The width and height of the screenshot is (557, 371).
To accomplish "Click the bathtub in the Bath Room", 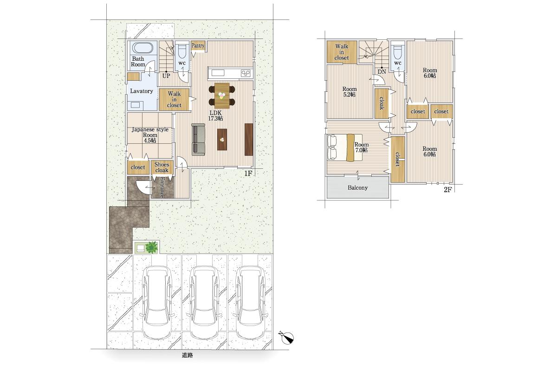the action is [x=142, y=48].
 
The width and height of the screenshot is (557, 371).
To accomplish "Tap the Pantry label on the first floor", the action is [x=198, y=45].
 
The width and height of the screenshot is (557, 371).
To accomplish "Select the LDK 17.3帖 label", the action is [x=215, y=115].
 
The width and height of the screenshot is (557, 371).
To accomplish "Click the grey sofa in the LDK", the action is [x=199, y=140].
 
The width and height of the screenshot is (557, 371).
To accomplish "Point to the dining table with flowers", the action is [x=222, y=96].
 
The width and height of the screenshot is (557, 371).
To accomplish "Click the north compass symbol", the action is [x=287, y=338].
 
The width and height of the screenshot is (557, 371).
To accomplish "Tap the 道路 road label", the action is [x=187, y=355].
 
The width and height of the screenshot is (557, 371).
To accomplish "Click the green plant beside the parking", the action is [x=151, y=247].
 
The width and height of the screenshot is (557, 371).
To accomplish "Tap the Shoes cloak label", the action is [x=162, y=167].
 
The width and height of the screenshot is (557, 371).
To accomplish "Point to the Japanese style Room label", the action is [x=150, y=135].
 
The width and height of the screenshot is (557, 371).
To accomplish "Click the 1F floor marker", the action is [x=248, y=173].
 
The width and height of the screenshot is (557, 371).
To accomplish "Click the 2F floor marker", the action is [x=447, y=190].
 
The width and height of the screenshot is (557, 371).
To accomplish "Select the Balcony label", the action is [x=357, y=188].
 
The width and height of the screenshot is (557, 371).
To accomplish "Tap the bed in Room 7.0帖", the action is [x=344, y=148].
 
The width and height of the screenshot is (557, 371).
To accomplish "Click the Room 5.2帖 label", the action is [x=350, y=92].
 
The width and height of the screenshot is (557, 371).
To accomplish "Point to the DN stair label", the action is [x=382, y=71].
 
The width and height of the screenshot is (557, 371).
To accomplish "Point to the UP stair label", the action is [x=166, y=76].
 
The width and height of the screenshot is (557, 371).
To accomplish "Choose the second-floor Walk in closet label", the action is [x=342, y=52].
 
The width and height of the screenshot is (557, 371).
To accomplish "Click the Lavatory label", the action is [x=142, y=91].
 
